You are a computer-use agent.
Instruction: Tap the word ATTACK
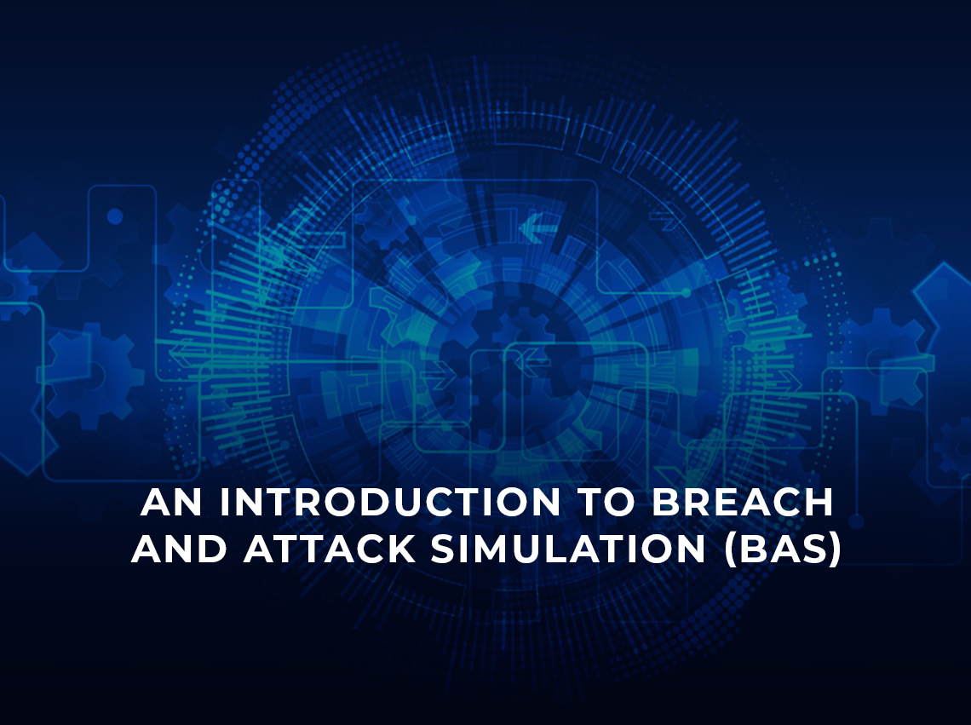coord(330,550)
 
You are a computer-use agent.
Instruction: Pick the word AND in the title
coord(181,550)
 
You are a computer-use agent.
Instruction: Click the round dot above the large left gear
coord(115,216)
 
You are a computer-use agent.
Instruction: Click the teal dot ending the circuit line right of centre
coord(686,292)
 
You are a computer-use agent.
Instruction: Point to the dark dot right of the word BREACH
coord(856,521)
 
